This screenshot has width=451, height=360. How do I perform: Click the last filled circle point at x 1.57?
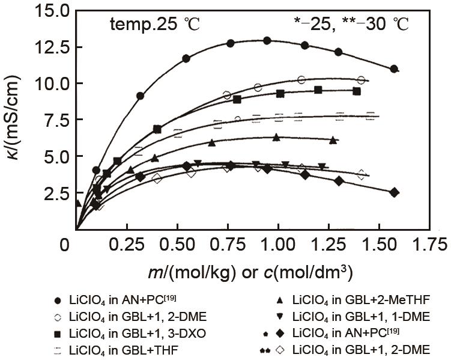[x=394, y=69]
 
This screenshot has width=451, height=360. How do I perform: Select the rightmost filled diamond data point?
[x=394, y=192]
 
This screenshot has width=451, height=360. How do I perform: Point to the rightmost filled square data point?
[x=357, y=91]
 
